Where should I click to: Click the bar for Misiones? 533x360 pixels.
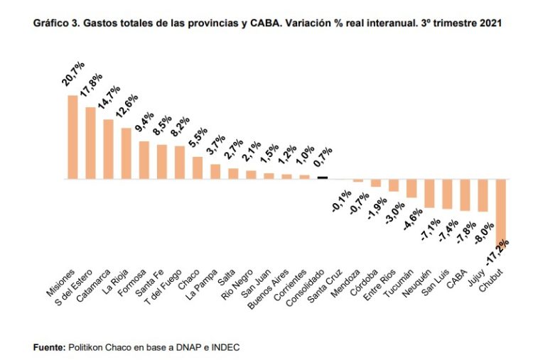[x=72, y=136]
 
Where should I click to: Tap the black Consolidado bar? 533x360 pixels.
[x=322, y=178]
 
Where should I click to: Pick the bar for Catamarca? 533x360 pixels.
[x=108, y=149]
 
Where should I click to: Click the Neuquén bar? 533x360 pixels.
[x=429, y=193]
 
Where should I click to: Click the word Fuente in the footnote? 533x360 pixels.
[x=48, y=347]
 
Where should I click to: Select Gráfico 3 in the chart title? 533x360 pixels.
[x=55, y=23]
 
